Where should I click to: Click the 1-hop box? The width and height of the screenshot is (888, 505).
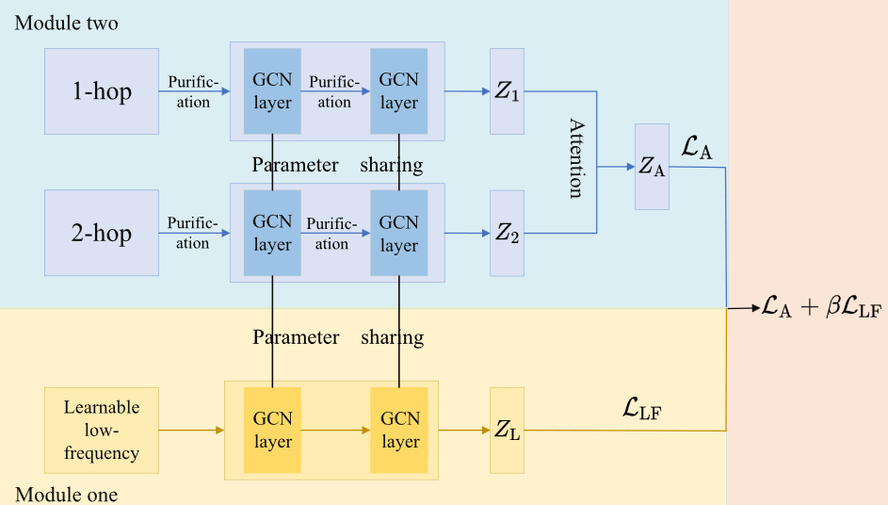click(102, 91)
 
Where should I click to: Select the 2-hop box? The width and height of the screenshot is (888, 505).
click(102, 234)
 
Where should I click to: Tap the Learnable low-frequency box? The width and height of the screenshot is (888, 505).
click(102, 431)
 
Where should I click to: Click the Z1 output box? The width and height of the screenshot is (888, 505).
click(507, 91)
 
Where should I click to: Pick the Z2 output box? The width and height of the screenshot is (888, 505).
click(507, 233)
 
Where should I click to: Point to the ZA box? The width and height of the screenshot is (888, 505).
click(652, 166)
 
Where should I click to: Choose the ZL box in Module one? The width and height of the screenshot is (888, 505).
click(507, 431)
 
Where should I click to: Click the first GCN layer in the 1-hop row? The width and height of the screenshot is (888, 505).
click(272, 91)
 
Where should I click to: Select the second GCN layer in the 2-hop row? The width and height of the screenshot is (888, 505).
click(398, 233)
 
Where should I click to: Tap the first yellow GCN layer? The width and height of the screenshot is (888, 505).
click(272, 431)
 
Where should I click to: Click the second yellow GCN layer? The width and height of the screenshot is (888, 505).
click(398, 431)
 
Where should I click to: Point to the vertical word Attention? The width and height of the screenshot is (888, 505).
click(575, 157)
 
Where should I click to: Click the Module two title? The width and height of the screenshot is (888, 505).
click(67, 22)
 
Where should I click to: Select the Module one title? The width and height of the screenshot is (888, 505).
click(66, 495)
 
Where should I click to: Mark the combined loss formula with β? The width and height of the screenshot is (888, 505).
click(821, 309)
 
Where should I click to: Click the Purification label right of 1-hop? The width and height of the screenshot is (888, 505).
click(193, 92)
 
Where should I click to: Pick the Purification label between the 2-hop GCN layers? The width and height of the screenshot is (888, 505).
click(332, 234)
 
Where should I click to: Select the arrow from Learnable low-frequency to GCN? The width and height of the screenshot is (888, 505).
click(191, 431)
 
